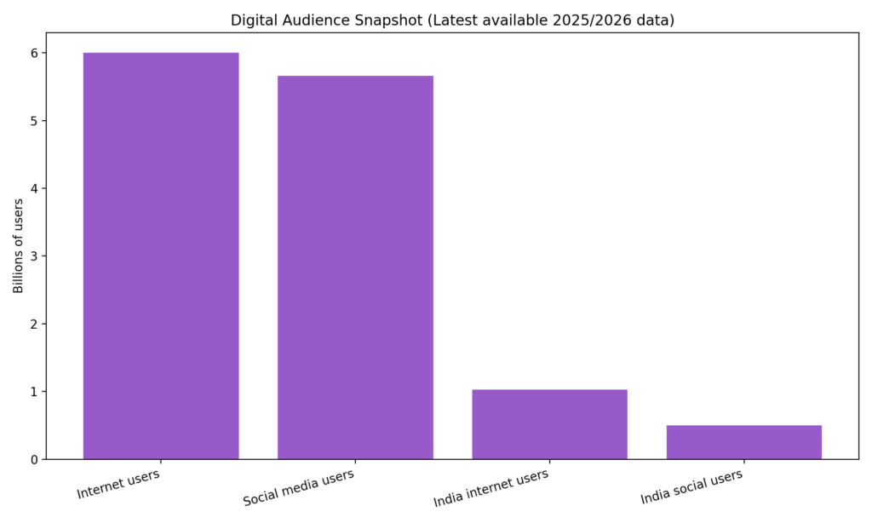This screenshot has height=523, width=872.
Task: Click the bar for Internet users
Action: tap(161, 256)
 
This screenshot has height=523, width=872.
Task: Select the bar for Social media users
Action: tap(355, 267)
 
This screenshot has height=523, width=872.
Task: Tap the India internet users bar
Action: tap(549, 424)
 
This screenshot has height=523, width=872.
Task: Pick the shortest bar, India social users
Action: tap(743, 442)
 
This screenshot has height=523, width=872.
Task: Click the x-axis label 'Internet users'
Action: tap(118, 483)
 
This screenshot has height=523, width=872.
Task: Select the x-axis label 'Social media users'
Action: tap(298, 487)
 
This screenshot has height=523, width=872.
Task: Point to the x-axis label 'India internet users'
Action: tap(490, 488)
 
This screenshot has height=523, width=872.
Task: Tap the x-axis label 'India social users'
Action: tap(691, 486)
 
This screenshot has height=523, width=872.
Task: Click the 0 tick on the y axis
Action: tap(34, 460)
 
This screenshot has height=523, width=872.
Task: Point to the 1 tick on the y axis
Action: tap(34, 392)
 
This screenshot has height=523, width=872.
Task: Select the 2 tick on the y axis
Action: tap(34, 325)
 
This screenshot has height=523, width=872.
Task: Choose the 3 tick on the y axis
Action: tap(34, 256)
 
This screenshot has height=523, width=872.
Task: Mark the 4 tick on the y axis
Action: tap(34, 189)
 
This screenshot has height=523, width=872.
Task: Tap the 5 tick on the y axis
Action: tap(34, 121)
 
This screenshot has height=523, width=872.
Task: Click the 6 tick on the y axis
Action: tap(34, 54)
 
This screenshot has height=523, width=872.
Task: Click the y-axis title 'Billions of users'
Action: tap(18, 246)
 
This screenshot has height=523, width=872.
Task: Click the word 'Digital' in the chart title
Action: tap(253, 20)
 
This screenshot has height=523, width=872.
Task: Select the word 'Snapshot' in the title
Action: tap(380, 20)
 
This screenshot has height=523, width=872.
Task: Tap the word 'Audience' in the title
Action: tap(312, 20)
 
